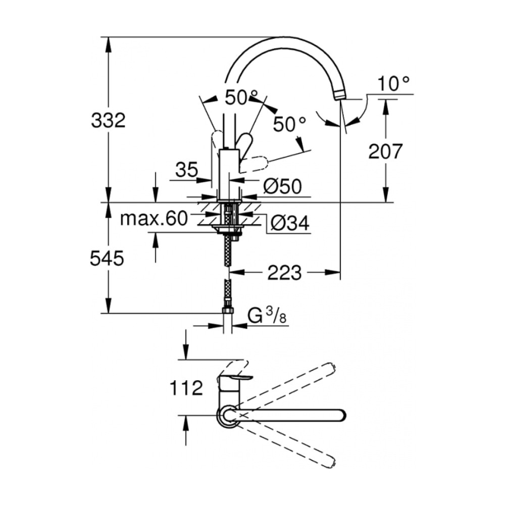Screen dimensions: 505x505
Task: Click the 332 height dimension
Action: [108, 121]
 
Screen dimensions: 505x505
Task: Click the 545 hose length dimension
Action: [107, 258]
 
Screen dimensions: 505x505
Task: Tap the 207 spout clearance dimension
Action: [385, 151]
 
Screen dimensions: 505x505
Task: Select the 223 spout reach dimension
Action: [284, 273]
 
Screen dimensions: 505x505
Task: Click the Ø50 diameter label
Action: [282, 186]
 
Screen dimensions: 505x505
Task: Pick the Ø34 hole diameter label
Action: [290, 223]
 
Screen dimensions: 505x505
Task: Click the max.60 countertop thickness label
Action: [154, 219]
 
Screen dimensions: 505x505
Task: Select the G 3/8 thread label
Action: [267, 316]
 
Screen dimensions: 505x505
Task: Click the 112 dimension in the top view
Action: [186, 388]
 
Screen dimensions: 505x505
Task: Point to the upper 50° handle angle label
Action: [241, 97]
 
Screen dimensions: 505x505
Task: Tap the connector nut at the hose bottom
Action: [228, 311]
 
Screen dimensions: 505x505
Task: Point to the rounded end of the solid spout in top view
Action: [341, 415]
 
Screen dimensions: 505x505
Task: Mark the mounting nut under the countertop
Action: [228, 230]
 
